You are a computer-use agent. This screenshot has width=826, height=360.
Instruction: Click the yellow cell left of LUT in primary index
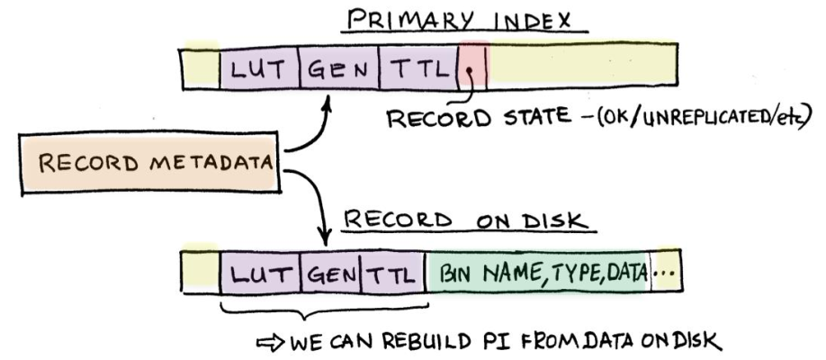point(200,69)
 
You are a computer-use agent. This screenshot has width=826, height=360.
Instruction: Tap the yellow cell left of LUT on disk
point(200,270)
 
